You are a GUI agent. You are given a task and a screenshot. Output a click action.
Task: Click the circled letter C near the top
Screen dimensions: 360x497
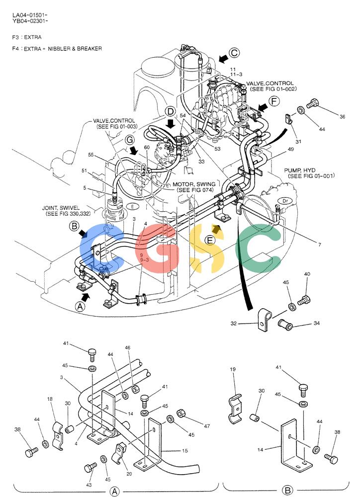[x=234, y=53]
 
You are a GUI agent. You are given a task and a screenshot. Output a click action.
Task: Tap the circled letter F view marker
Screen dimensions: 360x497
[x=274, y=101]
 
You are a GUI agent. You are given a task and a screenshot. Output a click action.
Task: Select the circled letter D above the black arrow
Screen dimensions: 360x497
[x=171, y=111]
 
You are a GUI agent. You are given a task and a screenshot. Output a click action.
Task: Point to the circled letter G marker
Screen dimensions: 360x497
[x=130, y=140]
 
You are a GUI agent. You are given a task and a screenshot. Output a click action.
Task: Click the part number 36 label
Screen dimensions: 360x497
[x=342, y=117]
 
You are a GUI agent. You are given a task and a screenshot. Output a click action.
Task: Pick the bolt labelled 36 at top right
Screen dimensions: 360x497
[x=313, y=104]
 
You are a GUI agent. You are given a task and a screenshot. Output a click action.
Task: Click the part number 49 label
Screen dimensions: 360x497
[x=290, y=150]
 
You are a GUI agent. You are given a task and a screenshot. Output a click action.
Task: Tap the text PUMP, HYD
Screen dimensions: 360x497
[x=299, y=170]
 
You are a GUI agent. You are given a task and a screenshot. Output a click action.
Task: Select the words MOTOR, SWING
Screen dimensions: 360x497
[x=194, y=184]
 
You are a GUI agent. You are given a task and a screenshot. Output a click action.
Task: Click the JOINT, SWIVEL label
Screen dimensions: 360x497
[x=61, y=208]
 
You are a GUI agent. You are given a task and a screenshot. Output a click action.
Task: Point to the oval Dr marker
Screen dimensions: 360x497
[x=284, y=201]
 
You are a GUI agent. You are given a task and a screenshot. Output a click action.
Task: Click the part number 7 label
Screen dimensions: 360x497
[x=320, y=245]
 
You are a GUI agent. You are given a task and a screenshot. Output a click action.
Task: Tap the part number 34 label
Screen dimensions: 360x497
[x=317, y=324]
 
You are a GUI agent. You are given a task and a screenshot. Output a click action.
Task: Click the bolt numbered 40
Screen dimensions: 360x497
[x=304, y=299]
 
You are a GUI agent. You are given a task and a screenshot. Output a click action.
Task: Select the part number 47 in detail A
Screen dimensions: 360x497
[x=207, y=426]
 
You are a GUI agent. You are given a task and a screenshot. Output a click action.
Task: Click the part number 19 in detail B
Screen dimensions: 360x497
[x=233, y=369]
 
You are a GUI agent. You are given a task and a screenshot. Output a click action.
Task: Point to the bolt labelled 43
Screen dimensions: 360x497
[x=90, y=468]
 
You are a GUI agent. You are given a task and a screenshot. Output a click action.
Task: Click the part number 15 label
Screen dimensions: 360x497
[x=185, y=450]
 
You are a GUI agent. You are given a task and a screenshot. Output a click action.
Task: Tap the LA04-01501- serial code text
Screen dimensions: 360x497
[x=30, y=15]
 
